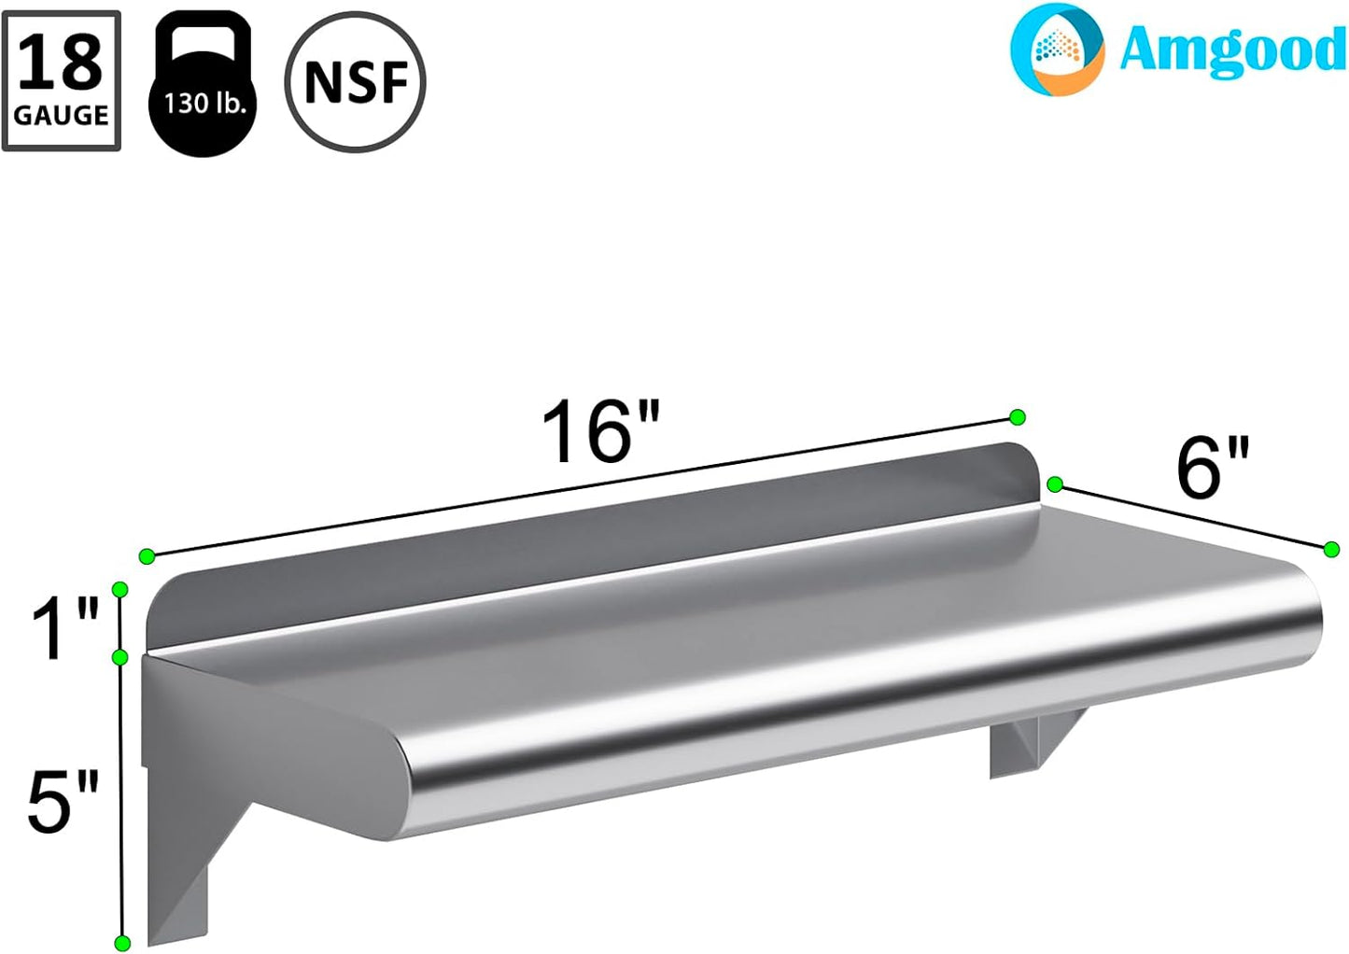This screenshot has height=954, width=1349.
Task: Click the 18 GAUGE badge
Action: coord(62,81)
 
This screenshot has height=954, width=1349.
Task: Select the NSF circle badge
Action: coord(356,82)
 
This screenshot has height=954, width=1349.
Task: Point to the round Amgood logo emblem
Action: coord(1058,50)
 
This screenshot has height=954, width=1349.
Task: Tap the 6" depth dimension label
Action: coord(1212,468)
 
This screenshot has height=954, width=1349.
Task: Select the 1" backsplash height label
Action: coord(63,629)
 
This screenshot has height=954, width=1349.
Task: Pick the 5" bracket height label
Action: coord(62,803)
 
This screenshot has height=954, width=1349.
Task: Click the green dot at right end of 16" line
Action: coord(1018,416)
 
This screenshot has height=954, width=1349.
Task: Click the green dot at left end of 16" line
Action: coord(147,556)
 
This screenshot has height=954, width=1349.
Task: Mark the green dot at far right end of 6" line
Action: coord(1332,549)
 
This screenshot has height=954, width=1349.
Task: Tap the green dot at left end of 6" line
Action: coord(1055,484)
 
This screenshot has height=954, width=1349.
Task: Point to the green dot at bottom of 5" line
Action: coord(120,942)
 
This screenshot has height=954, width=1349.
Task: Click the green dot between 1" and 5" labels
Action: coord(119,657)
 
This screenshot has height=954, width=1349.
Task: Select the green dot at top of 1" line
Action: coord(119,588)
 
